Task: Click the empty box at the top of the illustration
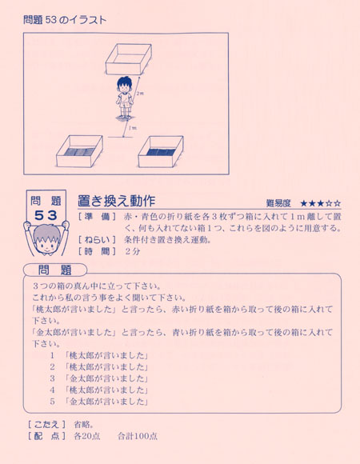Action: coord(127,60)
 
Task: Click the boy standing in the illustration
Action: coord(125,98)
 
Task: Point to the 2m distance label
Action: coord(141,94)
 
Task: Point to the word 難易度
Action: coord(279,203)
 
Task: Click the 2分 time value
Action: coord(132,250)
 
